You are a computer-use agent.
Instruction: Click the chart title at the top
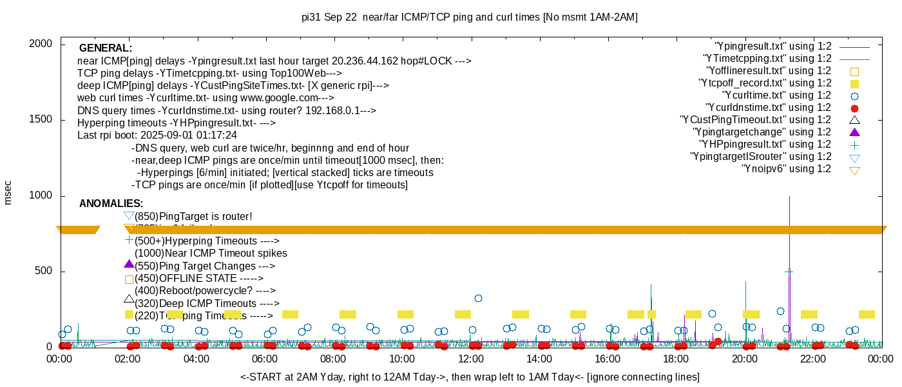coord(470,17)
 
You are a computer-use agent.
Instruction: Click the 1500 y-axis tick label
coord(43,120)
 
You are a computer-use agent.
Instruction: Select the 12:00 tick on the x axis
coord(470,359)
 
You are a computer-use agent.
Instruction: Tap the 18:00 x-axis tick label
coord(675,359)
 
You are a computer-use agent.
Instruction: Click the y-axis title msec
coord(8,192)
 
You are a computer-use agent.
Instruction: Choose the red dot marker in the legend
coord(855,108)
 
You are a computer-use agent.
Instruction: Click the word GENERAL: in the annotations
coord(106,48)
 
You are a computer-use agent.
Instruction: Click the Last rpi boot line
coord(157,135)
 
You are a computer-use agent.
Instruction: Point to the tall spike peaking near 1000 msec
coord(789,200)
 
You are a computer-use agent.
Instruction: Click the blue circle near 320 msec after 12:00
coord(478,298)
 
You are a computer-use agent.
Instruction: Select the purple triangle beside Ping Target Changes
coord(129,264)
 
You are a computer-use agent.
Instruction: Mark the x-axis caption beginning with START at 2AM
coord(470,377)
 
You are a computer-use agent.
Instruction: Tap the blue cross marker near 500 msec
coord(789,272)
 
